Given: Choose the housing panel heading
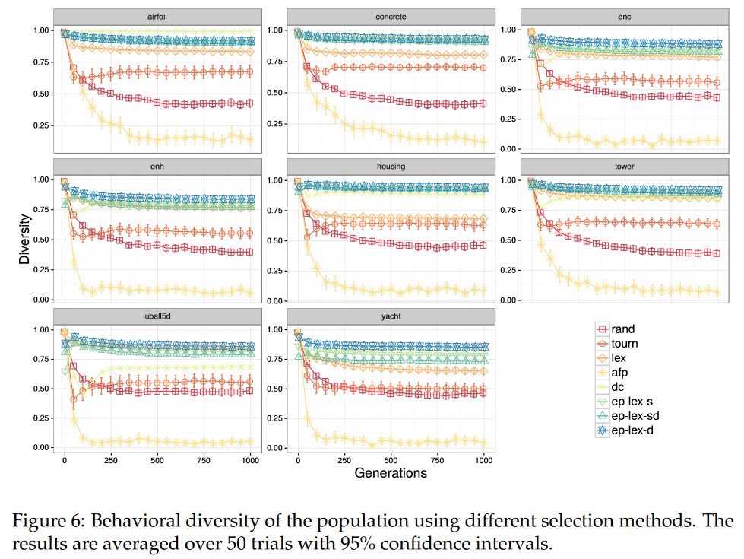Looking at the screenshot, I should pos(391,166).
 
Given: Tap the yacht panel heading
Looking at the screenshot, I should pos(391,315).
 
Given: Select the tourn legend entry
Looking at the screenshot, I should pos(625,344).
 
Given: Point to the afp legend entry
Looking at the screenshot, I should pos(622,373).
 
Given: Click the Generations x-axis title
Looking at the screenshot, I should pos(391,473).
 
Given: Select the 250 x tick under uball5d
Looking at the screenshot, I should pos(111,461).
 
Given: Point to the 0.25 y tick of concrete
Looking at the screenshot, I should pos(275,123).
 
